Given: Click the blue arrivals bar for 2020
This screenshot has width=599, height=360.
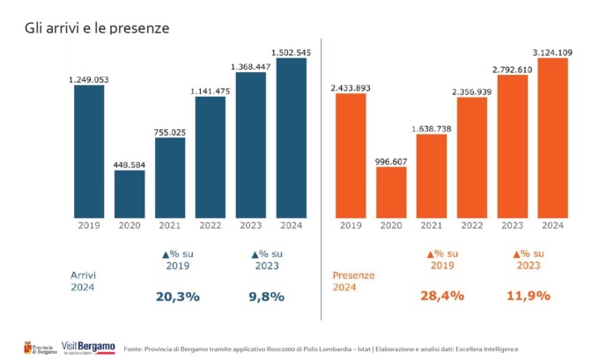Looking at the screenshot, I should (x=129, y=194).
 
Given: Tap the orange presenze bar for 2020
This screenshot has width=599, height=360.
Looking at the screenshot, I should (x=391, y=192).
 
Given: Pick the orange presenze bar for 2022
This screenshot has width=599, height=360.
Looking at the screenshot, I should (x=471, y=158).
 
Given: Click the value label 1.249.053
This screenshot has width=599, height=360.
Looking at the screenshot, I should (x=89, y=79).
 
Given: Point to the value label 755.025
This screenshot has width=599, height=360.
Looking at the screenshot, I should (x=170, y=132).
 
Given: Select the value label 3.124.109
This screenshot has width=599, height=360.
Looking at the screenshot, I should (x=552, y=53).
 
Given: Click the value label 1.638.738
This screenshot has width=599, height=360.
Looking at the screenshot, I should (x=432, y=129).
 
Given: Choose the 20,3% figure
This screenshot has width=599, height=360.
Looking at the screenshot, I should (x=177, y=297).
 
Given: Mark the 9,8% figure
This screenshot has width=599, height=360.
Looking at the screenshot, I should (x=267, y=297).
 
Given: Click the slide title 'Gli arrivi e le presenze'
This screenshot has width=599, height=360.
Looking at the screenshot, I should (x=96, y=28).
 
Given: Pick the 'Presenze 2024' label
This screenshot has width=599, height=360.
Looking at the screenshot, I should (x=352, y=280).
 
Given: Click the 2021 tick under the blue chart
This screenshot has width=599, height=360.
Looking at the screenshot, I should (x=170, y=225).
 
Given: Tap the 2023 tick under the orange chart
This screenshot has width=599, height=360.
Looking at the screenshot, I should (x=512, y=225).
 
